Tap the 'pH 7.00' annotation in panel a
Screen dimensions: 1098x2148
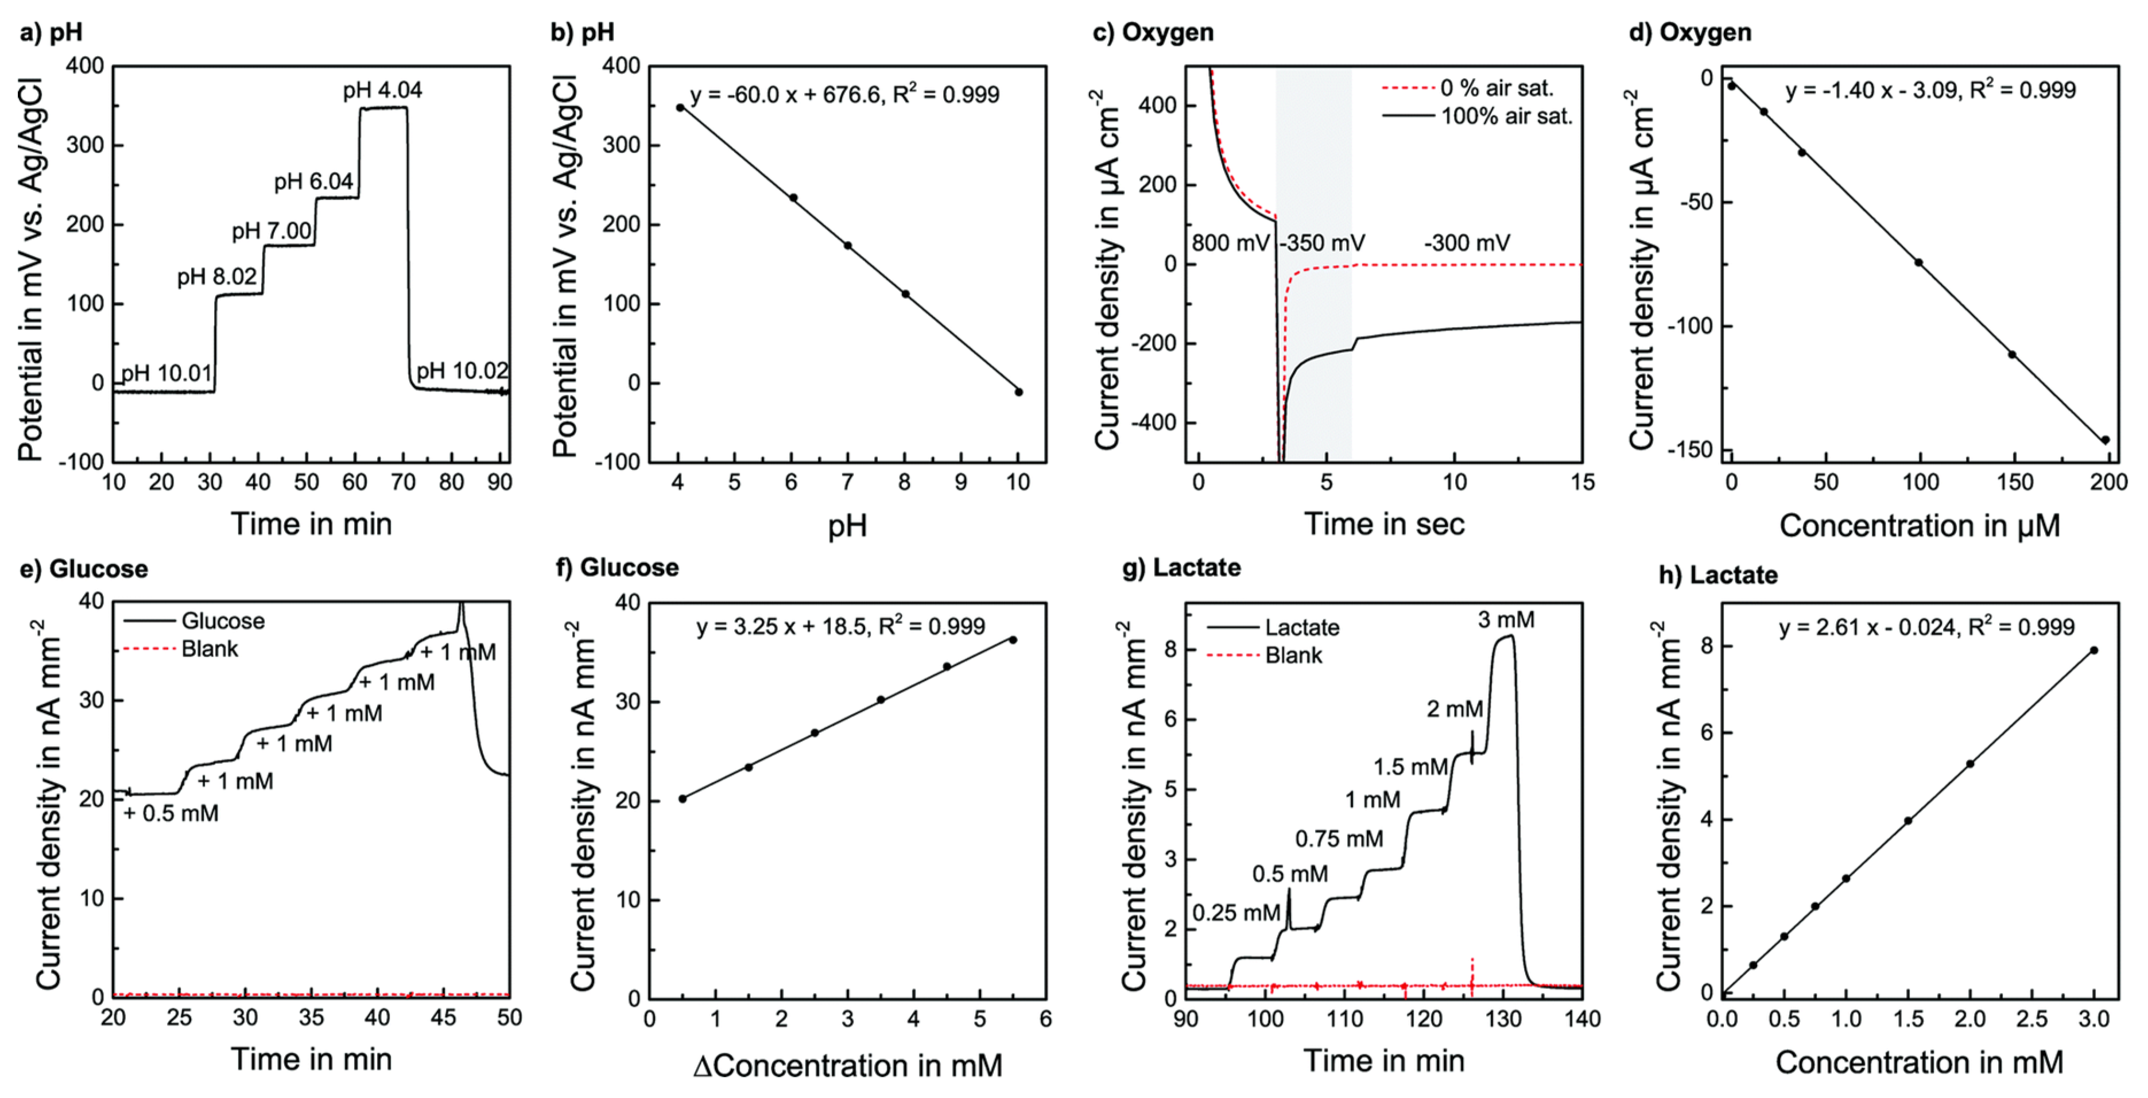tap(272, 231)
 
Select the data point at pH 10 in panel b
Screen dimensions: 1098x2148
tap(1018, 392)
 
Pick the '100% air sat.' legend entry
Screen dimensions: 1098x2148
tap(1506, 116)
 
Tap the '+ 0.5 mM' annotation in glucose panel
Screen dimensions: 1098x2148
tap(171, 813)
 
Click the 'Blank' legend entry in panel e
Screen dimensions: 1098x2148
tap(210, 649)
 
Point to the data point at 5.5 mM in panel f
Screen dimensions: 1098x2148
tap(1013, 639)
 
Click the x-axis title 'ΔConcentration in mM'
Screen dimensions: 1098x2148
tap(847, 1065)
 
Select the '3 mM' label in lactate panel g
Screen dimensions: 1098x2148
tap(1506, 619)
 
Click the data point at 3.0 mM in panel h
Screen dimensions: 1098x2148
tap(2094, 650)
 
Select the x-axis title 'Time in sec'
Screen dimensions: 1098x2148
tap(1384, 525)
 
